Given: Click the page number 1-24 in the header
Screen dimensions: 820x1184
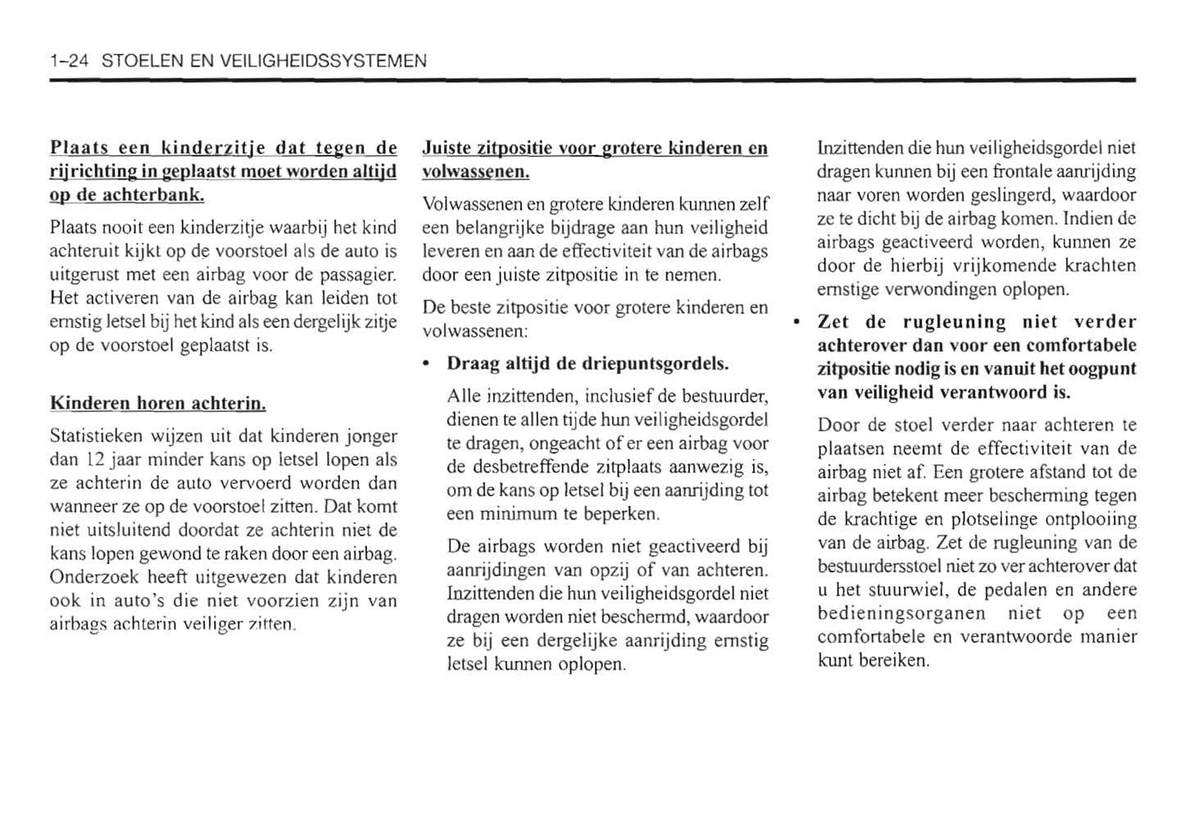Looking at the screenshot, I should (x=69, y=61).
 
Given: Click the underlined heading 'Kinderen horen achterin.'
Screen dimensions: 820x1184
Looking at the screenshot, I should (x=158, y=403).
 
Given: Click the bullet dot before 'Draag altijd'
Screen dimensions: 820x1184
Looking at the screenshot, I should (x=427, y=363).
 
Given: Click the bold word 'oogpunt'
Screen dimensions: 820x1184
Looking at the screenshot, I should (x=1104, y=369).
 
